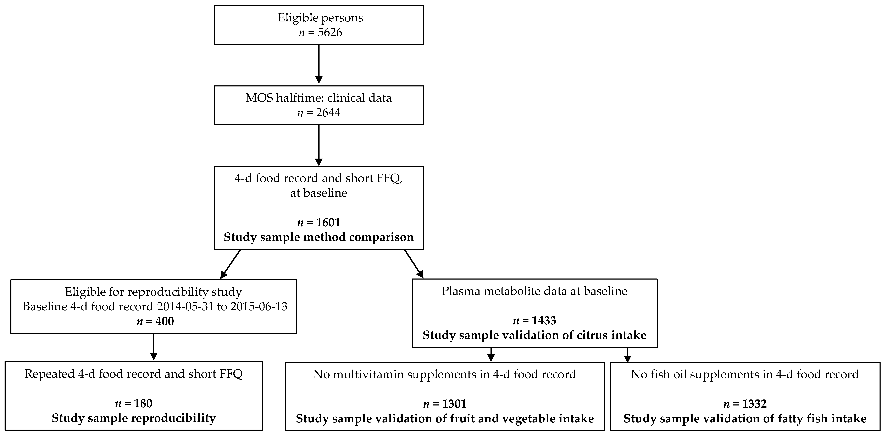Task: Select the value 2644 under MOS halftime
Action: click(328, 113)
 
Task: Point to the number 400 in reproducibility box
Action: click(165, 321)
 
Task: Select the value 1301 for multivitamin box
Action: click(454, 404)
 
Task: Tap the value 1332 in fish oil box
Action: click(754, 404)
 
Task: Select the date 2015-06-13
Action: click(259, 306)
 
